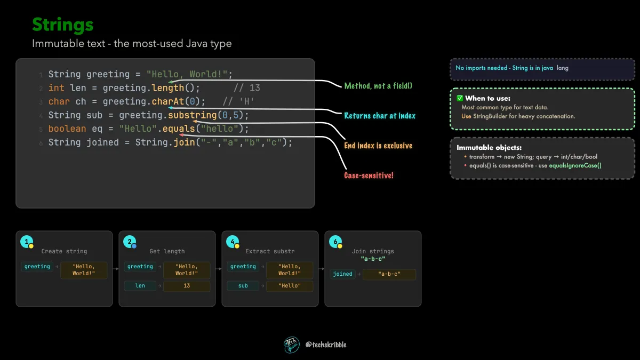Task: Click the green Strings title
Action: (62, 25)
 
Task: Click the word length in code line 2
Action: (167, 88)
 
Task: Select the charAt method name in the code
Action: (167, 101)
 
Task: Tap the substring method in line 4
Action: (193, 115)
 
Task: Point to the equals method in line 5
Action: (179, 129)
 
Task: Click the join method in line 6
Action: (185, 142)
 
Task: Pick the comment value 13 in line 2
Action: (254, 88)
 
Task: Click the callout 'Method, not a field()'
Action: (378, 86)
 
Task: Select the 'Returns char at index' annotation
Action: (380, 116)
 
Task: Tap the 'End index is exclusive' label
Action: (378, 146)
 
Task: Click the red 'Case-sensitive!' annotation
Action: (369, 175)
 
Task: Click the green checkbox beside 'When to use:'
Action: (460, 98)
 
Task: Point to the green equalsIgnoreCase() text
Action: (575, 165)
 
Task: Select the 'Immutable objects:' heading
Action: (489, 147)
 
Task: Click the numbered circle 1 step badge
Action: (27, 242)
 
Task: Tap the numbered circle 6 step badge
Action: (335, 242)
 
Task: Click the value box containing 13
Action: (187, 286)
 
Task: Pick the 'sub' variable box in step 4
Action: (243, 286)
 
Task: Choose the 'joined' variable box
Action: (342, 274)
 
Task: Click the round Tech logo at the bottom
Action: (291, 345)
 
